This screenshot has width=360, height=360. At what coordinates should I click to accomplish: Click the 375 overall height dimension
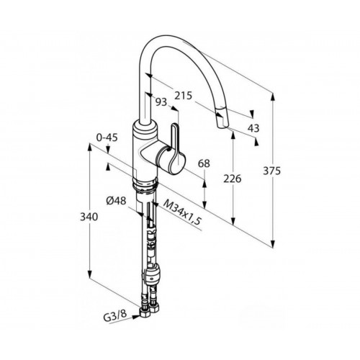click(x=271, y=171)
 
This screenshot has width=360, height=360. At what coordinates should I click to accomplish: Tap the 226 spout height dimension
click(x=232, y=179)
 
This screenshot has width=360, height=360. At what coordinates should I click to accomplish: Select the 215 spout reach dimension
click(x=183, y=96)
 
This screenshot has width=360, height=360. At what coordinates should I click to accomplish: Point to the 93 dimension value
click(x=161, y=102)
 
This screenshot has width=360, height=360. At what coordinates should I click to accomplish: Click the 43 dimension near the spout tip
click(x=253, y=128)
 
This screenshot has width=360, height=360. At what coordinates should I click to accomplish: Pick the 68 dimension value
click(x=204, y=163)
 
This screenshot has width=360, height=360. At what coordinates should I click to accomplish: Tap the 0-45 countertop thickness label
click(x=107, y=138)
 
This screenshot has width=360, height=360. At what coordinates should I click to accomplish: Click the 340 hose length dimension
click(x=89, y=217)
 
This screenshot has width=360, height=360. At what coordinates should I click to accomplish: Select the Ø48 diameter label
click(x=116, y=201)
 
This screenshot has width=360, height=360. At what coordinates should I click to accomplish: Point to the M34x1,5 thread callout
click(x=181, y=213)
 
